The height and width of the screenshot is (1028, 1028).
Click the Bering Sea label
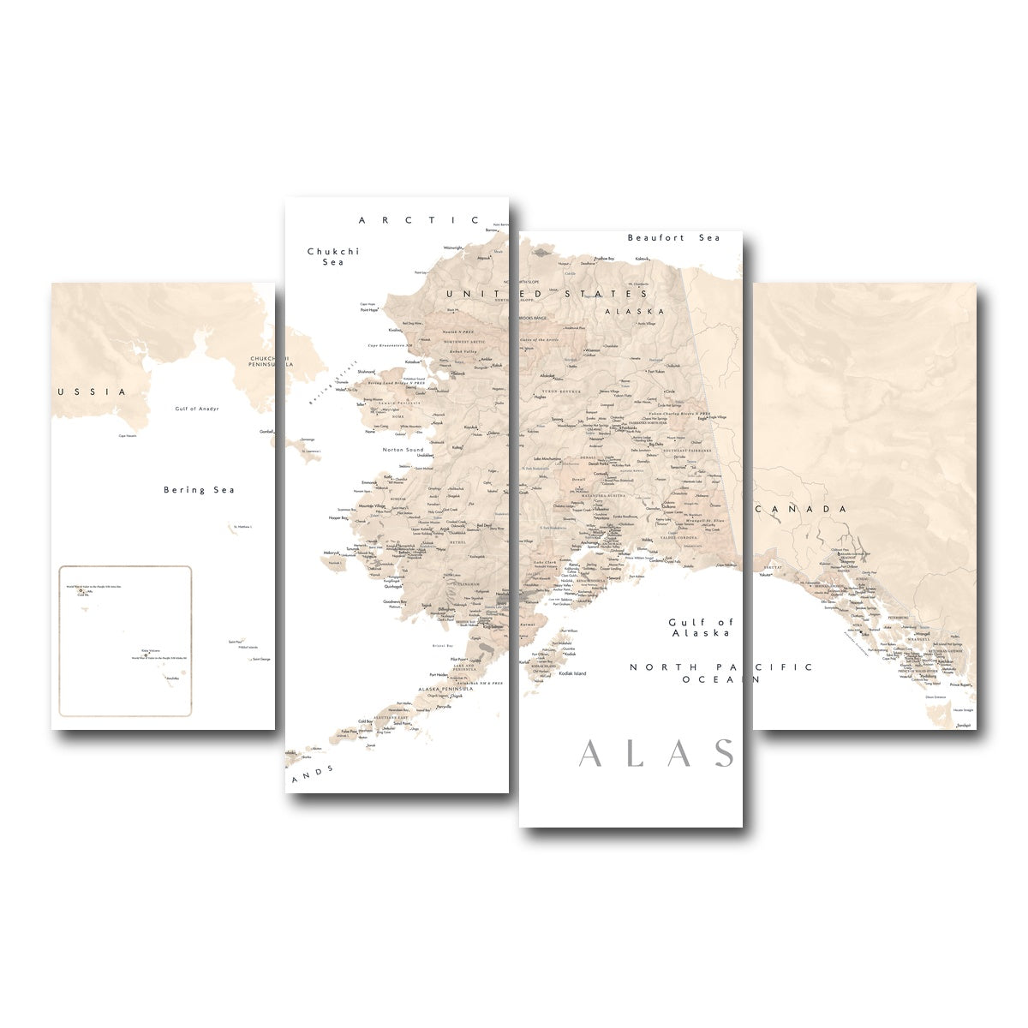click(x=199, y=490)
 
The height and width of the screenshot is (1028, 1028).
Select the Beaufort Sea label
click(x=673, y=237)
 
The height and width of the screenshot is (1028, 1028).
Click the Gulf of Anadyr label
click(x=196, y=409)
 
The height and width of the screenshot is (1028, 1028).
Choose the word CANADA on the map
click(x=802, y=509)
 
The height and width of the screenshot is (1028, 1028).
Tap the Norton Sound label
click(x=403, y=449)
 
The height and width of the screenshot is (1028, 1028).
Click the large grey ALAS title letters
click(x=656, y=754)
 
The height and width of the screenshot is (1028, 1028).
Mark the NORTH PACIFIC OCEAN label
click(x=720, y=672)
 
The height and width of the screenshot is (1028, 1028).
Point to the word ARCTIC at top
click(x=420, y=220)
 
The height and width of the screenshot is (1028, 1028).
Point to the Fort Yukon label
click(x=656, y=372)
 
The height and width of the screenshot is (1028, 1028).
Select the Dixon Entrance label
click(x=935, y=697)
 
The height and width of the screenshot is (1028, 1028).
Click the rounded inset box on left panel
click(x=125, y=641)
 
